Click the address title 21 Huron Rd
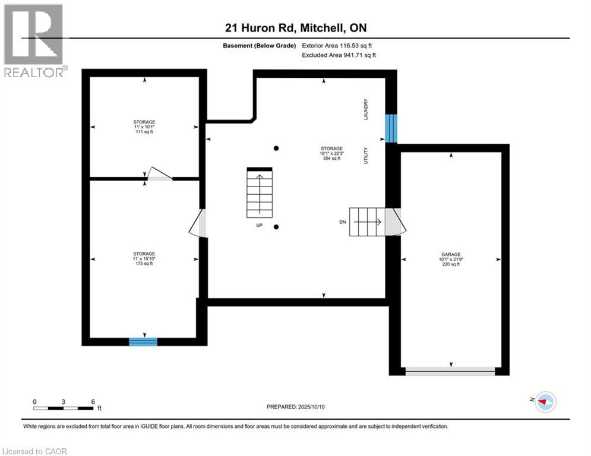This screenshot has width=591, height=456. click(x=300, y=28)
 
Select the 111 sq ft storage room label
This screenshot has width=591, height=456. click(x=144, y=126)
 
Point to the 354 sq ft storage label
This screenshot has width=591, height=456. click(x=331, y=153)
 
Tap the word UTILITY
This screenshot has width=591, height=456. click(x=366, y=156)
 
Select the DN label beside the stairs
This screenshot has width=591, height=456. click(x=343, y=221)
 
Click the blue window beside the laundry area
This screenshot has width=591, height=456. click(x=391, y=128)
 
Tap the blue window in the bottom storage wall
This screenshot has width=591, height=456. click(x=143, y=341)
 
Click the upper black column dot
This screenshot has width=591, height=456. click(x=276, y=148)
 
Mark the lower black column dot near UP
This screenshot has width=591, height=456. click(x=276, y=227)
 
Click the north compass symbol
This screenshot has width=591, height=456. click(x=545, y=402)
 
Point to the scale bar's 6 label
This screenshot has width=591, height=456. click(x=93, y=401)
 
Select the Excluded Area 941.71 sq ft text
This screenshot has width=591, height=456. click(x=339, y=55)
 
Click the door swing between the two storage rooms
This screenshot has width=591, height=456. click(x=159, y=173)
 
